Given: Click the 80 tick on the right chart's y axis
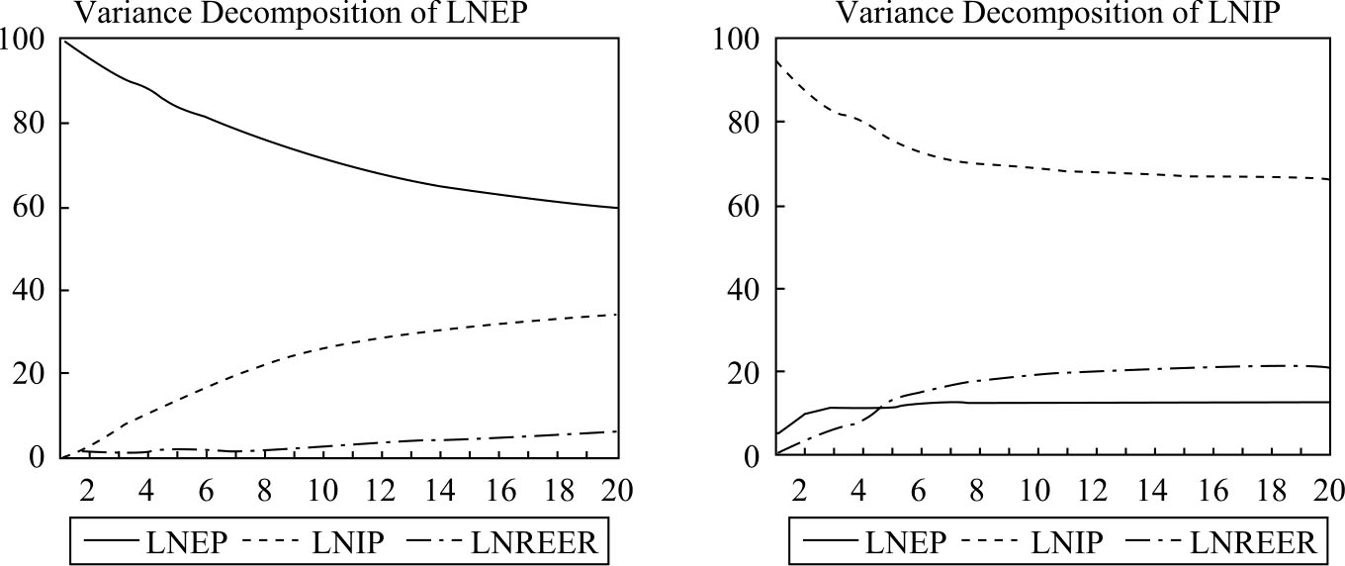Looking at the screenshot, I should click(738, 123).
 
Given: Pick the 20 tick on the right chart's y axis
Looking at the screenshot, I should click(738, 373).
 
